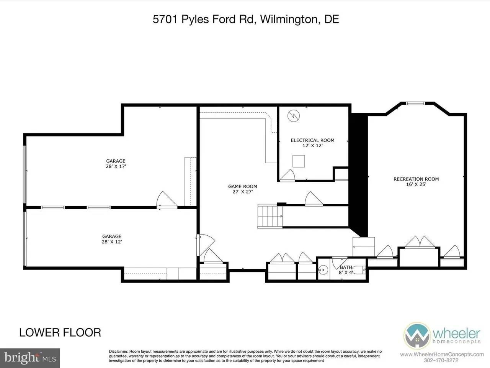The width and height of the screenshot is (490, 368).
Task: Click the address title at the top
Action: [246, 19]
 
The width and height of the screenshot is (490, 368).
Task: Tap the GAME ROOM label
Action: [242, 186]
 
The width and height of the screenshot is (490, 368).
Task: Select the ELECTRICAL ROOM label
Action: [312, 140]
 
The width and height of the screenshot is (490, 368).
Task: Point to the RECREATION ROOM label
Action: [416, 179]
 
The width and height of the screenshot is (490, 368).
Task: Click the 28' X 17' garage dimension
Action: [116, 166]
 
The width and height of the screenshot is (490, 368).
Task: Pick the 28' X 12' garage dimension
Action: [112, 242]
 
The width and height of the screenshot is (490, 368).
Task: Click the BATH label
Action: [346, 267]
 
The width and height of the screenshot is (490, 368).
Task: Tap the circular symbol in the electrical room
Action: [294, 116]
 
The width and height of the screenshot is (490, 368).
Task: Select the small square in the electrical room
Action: [299, 161]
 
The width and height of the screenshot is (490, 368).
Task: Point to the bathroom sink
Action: [323, 270]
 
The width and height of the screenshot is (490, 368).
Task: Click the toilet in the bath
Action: [359, 270]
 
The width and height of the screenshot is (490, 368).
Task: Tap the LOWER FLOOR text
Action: [60, 332]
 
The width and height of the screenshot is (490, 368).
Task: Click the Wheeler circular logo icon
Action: [417, 335]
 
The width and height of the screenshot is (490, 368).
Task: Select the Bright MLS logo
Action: [30, 358]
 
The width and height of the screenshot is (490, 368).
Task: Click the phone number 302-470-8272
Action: [441, 360]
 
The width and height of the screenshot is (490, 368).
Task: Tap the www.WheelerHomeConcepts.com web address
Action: [442, 354]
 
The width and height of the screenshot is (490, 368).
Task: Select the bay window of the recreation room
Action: [415, 103]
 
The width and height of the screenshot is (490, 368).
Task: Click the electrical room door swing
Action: [287, 175]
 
